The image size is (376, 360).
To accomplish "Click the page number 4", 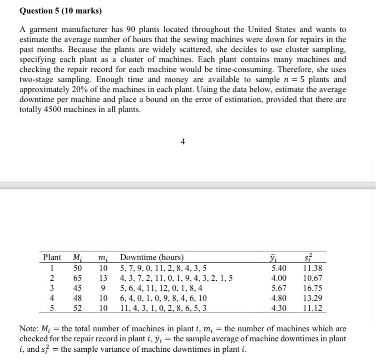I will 182,142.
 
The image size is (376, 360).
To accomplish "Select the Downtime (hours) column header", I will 152,258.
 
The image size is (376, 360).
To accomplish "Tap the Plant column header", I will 52,258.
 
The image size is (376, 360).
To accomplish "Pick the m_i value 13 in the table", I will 104,278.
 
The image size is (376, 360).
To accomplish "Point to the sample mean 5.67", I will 279,288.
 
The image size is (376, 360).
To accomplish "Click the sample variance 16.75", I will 313,288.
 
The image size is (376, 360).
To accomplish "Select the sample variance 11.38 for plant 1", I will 313,268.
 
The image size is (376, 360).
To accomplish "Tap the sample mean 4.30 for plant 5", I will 279,308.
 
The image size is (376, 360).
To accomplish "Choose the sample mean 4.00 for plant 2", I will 279,278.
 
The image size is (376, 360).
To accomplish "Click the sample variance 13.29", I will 313,298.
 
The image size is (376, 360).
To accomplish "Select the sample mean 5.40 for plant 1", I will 279,268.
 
